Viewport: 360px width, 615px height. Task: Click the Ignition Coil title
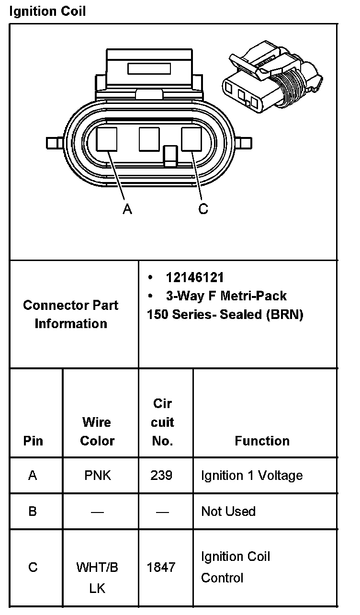click(47, 11)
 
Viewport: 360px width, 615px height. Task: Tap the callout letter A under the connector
click(127, 209)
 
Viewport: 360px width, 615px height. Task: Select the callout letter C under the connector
click(203, 209)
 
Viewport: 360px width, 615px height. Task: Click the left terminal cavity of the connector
click(107, 139)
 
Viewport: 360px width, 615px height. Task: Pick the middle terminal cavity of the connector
click(149, 139)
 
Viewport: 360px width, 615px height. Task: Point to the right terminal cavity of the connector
click(191, 139)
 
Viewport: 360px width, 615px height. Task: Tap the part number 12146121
click(195, 277)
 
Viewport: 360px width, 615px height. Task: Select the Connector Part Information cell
click(71, 314)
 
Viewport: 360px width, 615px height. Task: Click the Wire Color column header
click(97, 431)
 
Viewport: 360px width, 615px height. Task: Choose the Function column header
click(262, 441)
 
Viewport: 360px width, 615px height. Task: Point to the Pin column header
click(33, 441)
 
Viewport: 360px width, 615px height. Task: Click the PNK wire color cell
click(97, 476)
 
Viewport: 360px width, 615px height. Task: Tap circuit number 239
click(162, 476)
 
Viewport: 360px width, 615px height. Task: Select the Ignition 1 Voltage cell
click(252, 476)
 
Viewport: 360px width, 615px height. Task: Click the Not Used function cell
click(228, 512)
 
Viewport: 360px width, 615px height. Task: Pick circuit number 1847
click(161, 568)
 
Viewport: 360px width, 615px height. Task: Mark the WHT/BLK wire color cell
click(97, 578)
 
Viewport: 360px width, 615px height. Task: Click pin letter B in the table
click(33, 512)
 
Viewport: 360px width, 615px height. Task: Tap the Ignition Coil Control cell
click(236, 567)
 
